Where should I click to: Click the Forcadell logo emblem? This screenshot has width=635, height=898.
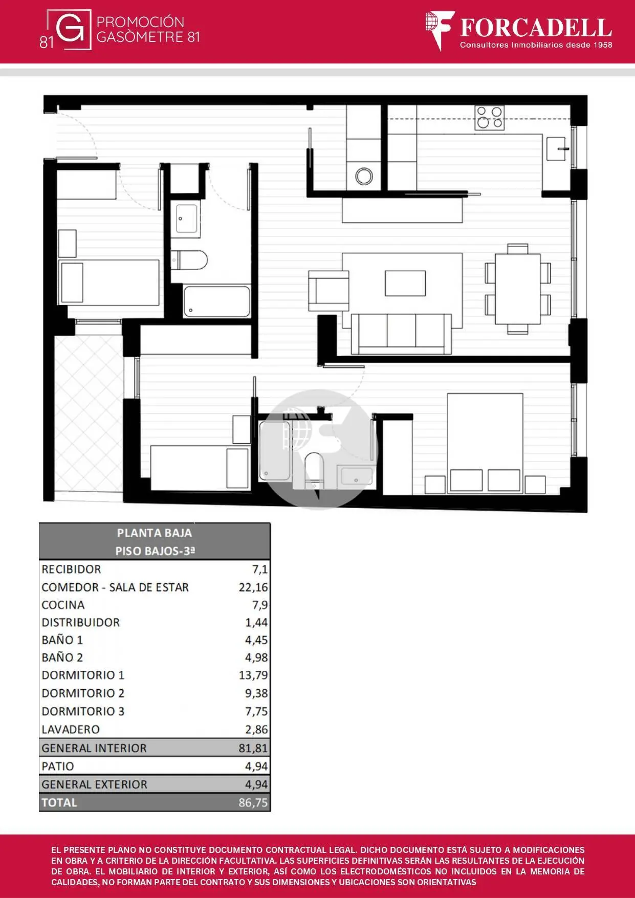(440, 30)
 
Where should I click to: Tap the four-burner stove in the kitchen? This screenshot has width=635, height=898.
(489, 118)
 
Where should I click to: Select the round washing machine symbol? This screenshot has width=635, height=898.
(364, 177)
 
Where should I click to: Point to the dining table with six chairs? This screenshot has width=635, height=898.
(518, 289)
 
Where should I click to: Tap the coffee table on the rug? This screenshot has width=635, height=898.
(405, 283)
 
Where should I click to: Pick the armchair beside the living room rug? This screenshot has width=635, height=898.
(329, 291)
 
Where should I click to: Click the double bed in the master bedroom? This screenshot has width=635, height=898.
(485, 443)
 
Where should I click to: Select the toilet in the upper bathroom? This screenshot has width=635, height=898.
(189, 260)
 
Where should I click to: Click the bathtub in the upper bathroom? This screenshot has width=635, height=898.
(217, 301)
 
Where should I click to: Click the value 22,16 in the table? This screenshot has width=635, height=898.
(253, 587)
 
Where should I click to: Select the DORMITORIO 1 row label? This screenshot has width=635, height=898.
(83, 675)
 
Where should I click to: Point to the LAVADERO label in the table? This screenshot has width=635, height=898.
(71, 729)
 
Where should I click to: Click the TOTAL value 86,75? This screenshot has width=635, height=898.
(253, 802)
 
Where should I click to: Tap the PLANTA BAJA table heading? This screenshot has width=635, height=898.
(155, 533)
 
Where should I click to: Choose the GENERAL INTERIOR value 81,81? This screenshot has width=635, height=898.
(253, 748)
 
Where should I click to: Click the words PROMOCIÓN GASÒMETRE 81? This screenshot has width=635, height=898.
(148, 29)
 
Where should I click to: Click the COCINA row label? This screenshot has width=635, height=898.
(63, 605)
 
